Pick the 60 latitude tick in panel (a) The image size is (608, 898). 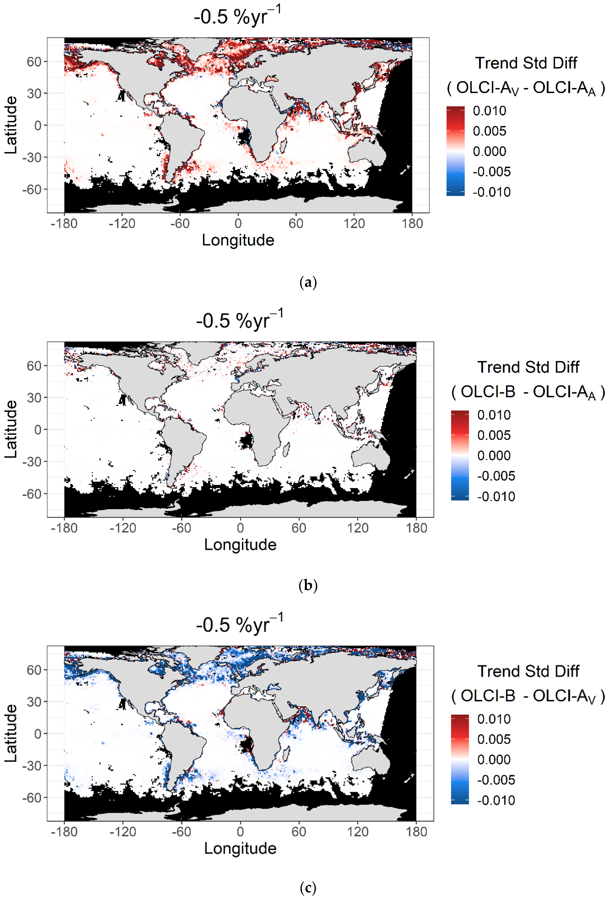[34, 62]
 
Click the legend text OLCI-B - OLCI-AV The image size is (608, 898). [528, 696]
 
